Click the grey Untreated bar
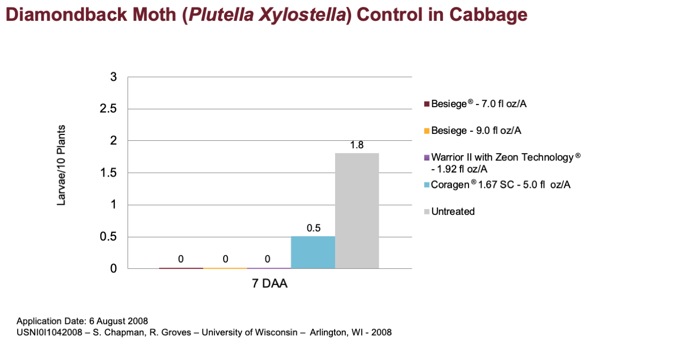click(x=357, y=211)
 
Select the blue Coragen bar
click(x=313, y=252)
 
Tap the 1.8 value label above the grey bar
click(x=357, y=145)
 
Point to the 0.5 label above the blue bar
click(x=313, y=228)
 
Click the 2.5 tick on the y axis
click(x=108, y=108)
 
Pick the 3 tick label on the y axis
click(x=114, y=77)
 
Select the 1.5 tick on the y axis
click(x=108, y=173)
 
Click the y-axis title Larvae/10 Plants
click(x=61, y=165)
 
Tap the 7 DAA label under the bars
click(x=269, y=284)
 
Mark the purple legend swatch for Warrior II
click(x=426, y=158)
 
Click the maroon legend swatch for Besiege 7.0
click(x=426, y=104)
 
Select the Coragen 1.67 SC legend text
click(x=501, y=185)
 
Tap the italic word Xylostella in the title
click(x=302, y=15)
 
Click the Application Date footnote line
click(x=82, y=321)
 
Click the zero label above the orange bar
click(x=225, y=259)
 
